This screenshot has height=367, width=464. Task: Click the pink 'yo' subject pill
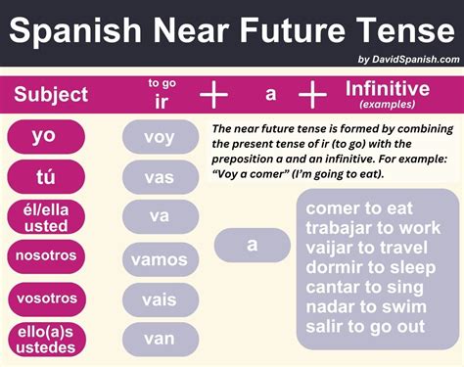tap(43, 136)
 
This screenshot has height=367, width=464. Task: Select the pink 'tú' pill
tap(43, 177)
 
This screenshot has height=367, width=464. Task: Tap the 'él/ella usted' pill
tap(43, 217)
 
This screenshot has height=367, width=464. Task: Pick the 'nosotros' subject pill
tap(43, 258)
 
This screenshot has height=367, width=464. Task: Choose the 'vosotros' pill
tap(43, 298)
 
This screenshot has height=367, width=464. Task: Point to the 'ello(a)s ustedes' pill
tap(43, 339)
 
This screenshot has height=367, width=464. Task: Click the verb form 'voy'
tap(159, 137)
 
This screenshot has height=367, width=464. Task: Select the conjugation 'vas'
tap(159, 177)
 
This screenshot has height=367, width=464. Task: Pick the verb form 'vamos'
tap(159, 258)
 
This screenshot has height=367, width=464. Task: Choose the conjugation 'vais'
tap(159, 298)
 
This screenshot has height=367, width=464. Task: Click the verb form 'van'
tap(159, 339)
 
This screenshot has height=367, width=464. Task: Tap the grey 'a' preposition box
tap(252, 245)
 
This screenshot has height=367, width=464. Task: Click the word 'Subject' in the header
tap(51, 95)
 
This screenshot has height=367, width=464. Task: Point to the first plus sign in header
tap(212, 94)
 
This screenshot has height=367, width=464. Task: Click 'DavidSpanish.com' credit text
tap(417, 60)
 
